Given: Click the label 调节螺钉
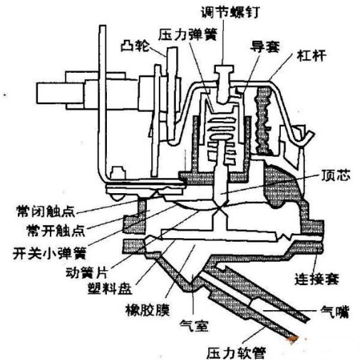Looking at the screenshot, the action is pyautogui.click(x=230, y=12).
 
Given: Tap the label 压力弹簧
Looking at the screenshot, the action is pyautogui.click(x=188, y=34).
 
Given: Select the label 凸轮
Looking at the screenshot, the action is pyautogui.click(x=135, y=46).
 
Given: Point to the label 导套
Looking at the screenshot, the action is pyautogui.click(x=265, y=46).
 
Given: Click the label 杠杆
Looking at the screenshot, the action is pyautogui.click(x=311, y=56).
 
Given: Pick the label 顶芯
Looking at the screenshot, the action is pyautogui.click(x=336, y=175).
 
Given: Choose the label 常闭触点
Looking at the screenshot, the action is pyautogui.click(x=46, y=211).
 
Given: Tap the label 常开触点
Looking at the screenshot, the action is pyautogui.click(x=56, y=230).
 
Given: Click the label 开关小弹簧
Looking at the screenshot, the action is pyautogui.click(x=49, y=253).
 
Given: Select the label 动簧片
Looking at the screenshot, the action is pyautogui.click(x=87, y=272).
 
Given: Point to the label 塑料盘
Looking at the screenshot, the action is pyautogui.click(x=110, y=288).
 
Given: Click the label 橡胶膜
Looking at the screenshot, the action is pyautogui.click(x=148, y=310).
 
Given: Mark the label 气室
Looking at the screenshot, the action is pyautogui.click(x=195, y=325).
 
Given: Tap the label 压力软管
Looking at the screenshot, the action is pyautogui.click(x=236, y=353).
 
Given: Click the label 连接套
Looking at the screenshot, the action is pyautogui.click(x=316, y=279).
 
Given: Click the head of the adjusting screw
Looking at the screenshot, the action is pyautogui.click(x=224, y=69).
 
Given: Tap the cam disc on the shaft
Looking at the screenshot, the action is pyautogui.click(x=172, y=93).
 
